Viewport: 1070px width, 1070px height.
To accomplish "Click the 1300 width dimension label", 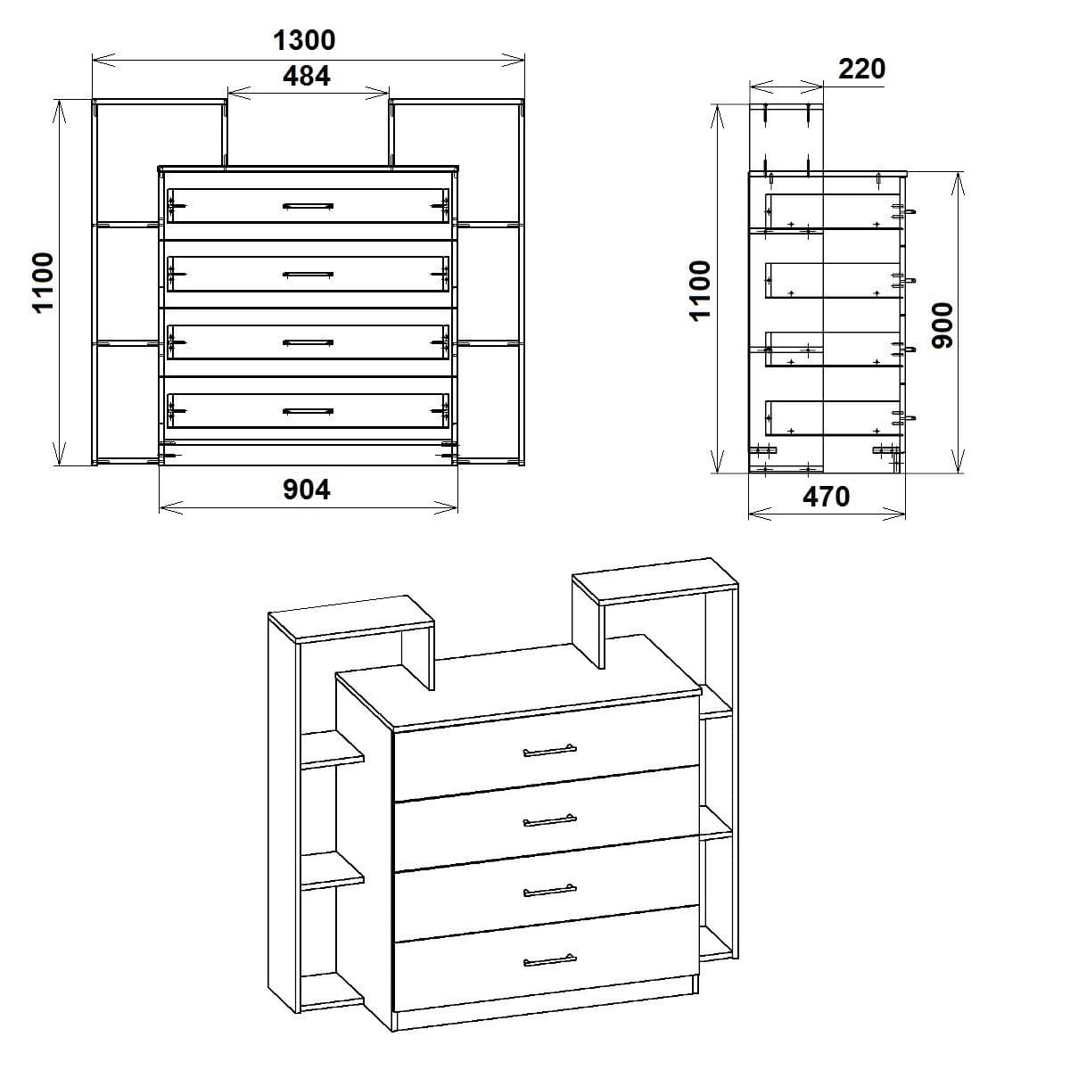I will point(304,40).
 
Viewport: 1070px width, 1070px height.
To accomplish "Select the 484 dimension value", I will point(307,77).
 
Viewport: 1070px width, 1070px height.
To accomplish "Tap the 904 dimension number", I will point(307,490).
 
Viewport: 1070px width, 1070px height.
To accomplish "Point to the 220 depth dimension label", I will point(861,69).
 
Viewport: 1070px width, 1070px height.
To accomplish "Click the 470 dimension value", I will point(827,498).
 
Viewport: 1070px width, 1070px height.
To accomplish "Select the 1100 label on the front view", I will point(44,282).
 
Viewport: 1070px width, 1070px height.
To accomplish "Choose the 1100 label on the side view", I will point(701,291).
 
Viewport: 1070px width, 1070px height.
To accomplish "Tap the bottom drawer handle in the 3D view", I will point(549,959).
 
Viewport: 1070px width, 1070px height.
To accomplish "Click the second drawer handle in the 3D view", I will point(549,820).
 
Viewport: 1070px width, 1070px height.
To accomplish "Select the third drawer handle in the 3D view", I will point(549,889).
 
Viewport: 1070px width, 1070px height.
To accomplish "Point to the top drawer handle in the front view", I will point(308,206).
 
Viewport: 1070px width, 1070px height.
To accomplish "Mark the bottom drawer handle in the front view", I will point(308,411).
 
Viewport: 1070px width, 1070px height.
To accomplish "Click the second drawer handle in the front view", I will point(308,275).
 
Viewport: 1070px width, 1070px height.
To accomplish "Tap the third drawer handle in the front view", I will point(308,342).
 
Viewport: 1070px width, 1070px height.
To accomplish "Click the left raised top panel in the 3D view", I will point(351,617).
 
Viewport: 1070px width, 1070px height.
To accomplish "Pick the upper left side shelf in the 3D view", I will point(332,751).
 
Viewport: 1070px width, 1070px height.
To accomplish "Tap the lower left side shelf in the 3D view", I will point(332,871).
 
